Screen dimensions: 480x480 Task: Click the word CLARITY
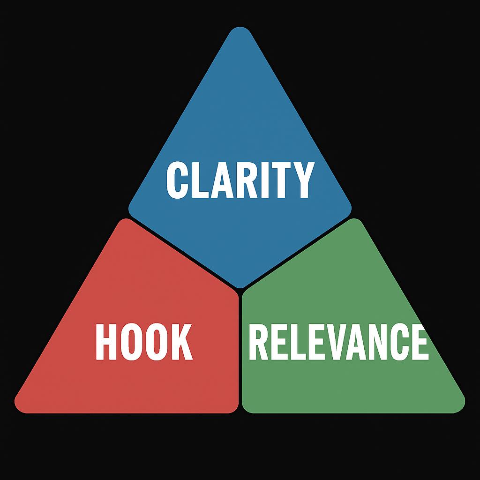click(240, 180)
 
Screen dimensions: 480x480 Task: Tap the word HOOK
click(144, 342)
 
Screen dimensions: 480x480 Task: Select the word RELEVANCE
click(338, 342)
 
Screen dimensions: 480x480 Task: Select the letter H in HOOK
click(106, 342)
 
